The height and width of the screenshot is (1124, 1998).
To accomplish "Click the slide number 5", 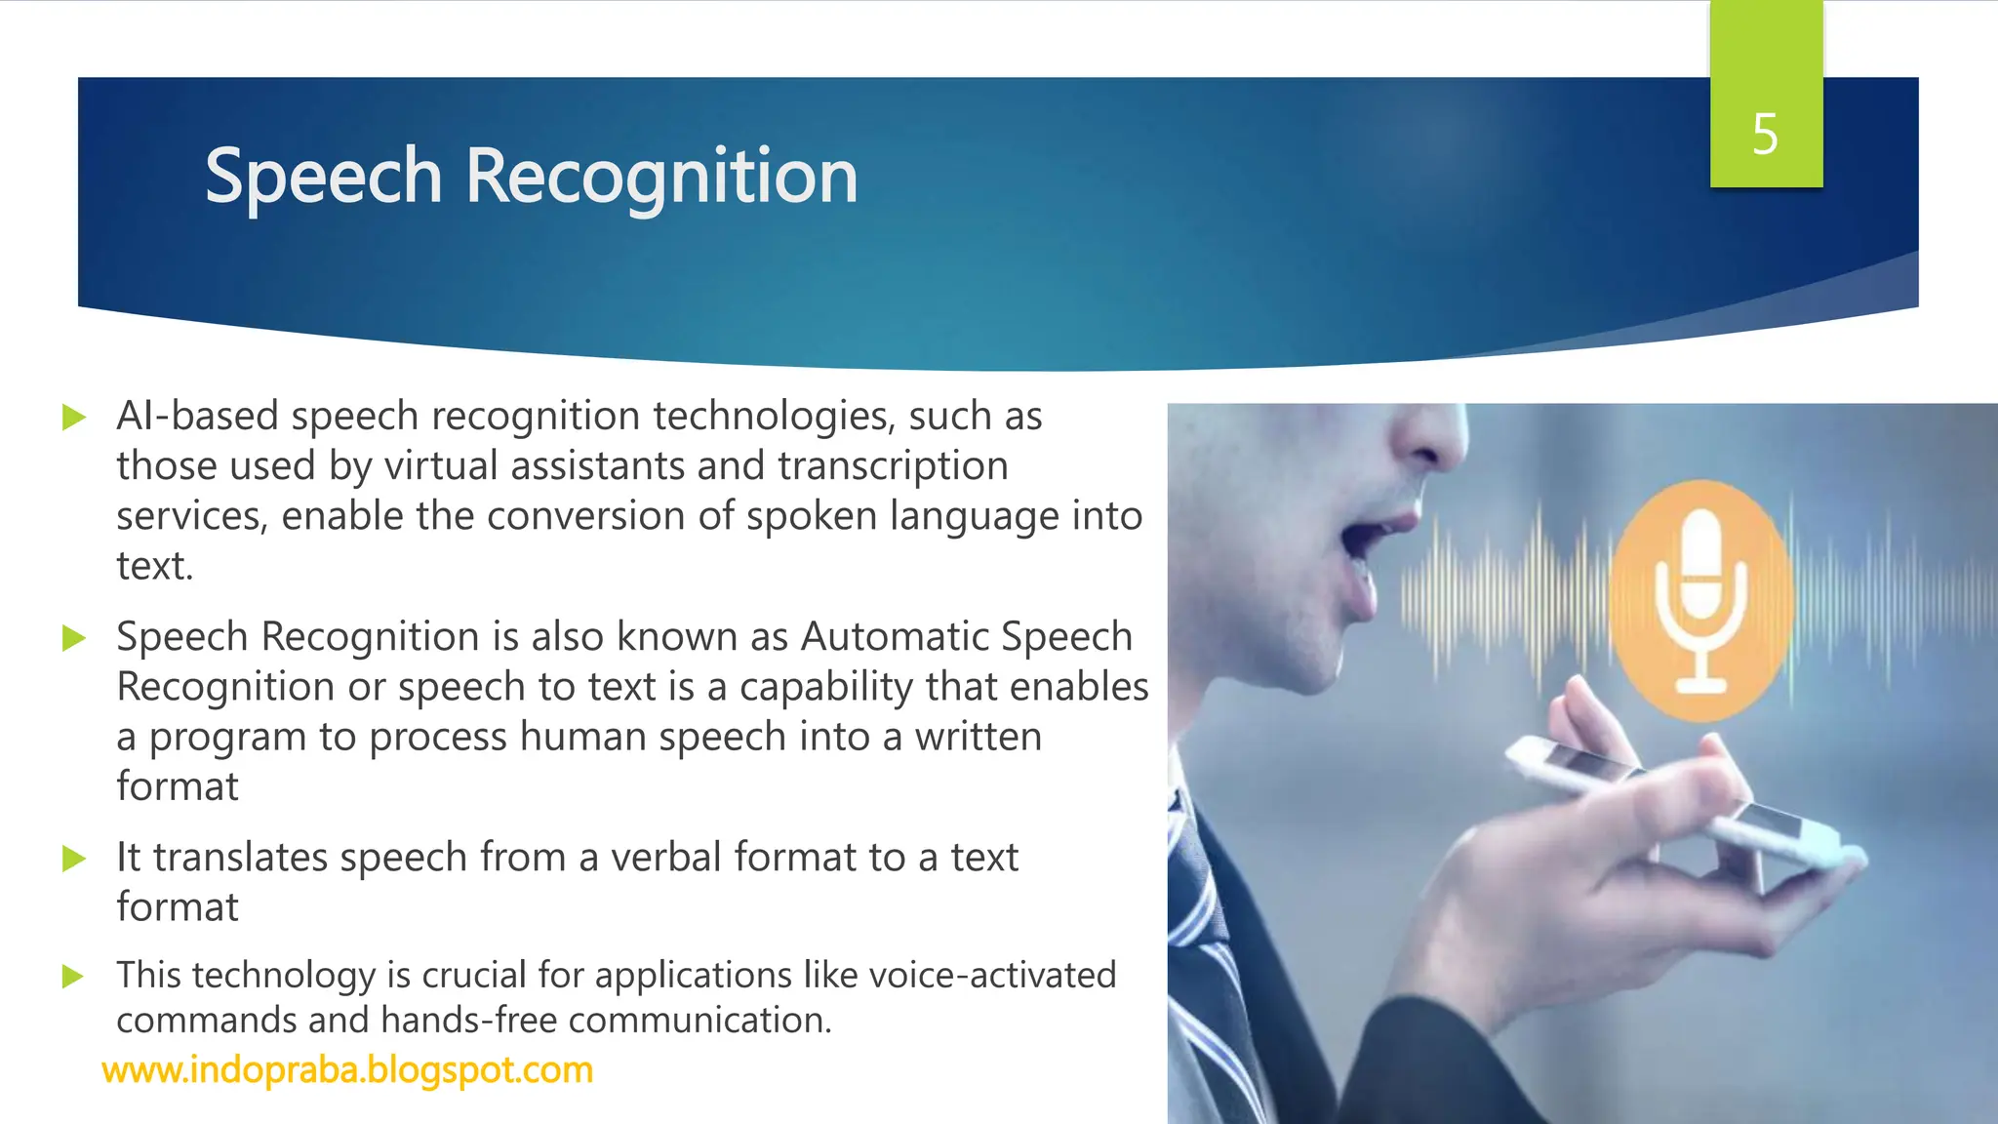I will (1765, 135).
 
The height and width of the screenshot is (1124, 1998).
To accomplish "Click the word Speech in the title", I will (323, 178).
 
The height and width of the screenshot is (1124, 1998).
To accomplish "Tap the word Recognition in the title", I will (661, 178).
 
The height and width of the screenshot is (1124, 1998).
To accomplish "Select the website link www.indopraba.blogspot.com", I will (347, 1070).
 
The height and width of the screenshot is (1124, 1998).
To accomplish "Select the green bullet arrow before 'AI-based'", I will (73, 418).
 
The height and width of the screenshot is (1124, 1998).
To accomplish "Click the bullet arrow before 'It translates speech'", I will (73, 859).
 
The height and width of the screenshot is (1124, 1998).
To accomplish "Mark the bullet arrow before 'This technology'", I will (73, 976).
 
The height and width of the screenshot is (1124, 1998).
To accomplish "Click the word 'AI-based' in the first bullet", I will (197, 417).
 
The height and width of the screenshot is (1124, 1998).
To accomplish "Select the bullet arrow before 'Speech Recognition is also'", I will (73, 638).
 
